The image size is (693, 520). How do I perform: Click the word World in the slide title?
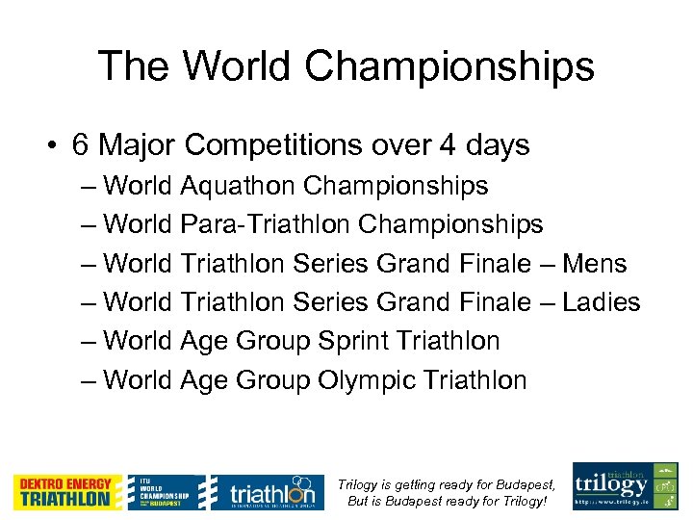(237, 65)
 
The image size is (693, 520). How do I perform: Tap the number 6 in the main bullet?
(82, 145)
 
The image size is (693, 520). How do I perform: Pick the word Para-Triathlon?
(266, 224)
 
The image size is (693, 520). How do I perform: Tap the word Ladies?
(602, 301)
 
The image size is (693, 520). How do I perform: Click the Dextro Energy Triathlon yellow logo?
(68, 492)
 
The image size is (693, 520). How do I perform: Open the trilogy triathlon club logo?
(625, 486)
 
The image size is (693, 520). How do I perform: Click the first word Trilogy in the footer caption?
(367, 484)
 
